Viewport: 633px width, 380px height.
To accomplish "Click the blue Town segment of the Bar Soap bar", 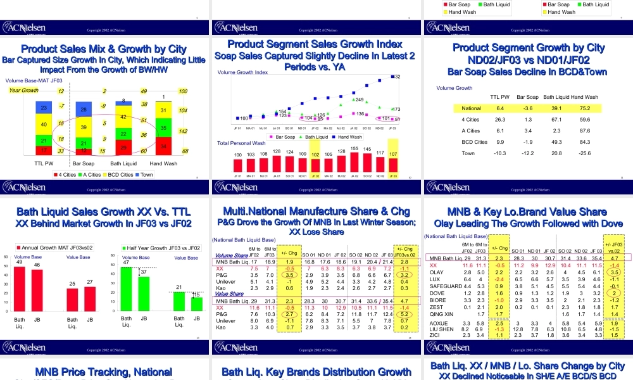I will [84, 110].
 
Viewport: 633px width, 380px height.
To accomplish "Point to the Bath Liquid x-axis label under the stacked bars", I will [123, 163].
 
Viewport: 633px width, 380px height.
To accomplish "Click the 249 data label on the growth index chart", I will [359, 100].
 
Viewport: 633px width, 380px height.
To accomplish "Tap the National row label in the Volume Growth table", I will [472, 108].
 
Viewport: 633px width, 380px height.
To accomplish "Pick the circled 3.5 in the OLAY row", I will [613, 272].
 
